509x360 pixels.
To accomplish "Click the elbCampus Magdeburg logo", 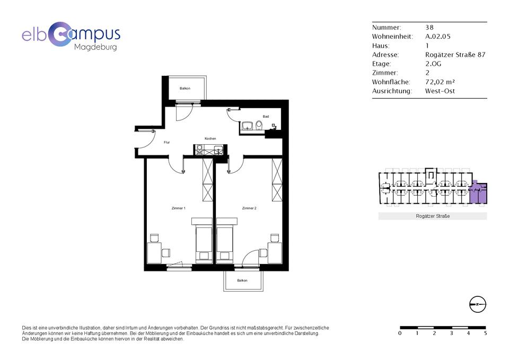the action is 71,37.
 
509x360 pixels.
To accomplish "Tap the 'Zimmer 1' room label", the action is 178,208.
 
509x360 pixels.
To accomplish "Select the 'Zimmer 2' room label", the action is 249,208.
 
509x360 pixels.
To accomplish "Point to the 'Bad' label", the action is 266,117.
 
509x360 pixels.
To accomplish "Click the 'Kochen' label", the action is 210,138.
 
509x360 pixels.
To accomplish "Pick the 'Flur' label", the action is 167,142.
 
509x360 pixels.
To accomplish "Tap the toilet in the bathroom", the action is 259,125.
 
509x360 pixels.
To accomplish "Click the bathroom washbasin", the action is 248,126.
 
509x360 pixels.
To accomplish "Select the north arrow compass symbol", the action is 478,304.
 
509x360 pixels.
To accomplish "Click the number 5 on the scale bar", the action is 485,333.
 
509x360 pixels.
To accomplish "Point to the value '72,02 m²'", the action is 440,82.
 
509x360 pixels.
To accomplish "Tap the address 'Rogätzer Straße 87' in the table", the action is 455,55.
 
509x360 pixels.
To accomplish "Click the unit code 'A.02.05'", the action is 438,37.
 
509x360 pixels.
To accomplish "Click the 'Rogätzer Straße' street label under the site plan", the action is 433,216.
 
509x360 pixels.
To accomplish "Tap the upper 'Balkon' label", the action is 185,89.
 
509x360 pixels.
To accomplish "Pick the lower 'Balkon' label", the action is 242,280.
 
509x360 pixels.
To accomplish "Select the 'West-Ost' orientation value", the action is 440,91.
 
